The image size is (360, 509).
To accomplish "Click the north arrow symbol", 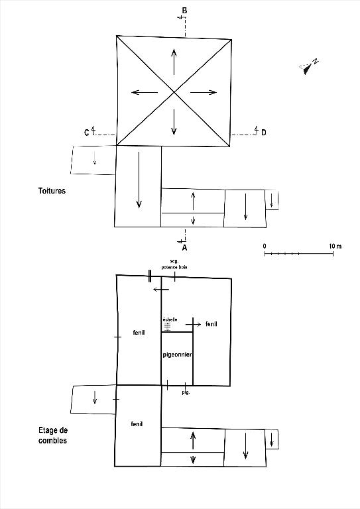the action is click(308, 66).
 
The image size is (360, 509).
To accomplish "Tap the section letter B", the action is click(184, 11).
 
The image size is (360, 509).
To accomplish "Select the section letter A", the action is click(184, 248).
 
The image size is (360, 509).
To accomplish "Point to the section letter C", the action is click(86, 133).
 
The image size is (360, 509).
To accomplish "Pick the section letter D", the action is click(264, 133).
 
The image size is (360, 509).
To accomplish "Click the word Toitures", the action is click(52, 191).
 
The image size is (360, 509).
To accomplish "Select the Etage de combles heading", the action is click(53, 435).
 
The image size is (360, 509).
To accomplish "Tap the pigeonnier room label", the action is click(177, 355).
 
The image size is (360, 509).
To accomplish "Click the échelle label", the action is click(170, 319).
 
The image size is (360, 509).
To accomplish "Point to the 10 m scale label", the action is click(335, 246).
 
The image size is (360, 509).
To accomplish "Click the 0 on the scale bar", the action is click(265, 246).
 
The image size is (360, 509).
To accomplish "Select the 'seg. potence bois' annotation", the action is click(174, 264).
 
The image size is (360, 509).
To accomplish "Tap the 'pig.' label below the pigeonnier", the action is click(186, 392).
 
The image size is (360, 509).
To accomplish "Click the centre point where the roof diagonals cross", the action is click(174, 92).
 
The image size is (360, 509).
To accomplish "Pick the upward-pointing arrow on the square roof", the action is click(174, 62).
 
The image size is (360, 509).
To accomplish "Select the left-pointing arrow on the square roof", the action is click(145, 92).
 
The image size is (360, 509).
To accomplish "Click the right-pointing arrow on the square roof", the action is click(204, 92).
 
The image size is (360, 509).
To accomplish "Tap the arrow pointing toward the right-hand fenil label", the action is click(193, 324).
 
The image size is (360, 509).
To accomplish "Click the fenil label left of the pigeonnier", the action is click(139, 333).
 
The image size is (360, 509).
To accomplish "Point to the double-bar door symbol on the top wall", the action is click(150, 276).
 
